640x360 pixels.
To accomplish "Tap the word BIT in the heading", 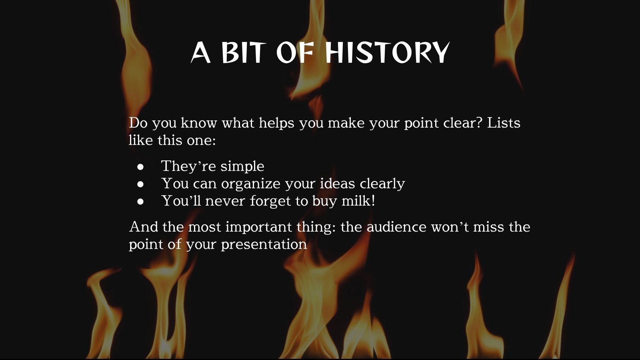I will point(244,53).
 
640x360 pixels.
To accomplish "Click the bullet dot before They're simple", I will point(140,167).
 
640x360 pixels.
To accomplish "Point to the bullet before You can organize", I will point(140,184).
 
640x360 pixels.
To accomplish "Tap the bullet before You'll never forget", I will point(140,202).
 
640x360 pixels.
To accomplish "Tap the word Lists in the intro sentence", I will point(503,123).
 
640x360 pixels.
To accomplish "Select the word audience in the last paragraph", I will point(396,227).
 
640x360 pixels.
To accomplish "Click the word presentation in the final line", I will point(264,244).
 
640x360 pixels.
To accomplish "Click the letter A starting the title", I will point(201,53).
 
